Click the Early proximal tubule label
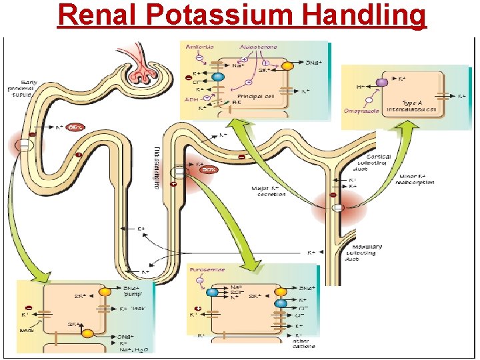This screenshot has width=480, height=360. click(23, 88)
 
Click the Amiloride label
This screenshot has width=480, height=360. click(199, 47)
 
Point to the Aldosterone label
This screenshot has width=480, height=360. click(258, 47)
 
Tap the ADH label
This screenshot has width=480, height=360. click(191, 99)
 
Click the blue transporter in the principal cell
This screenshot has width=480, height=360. click(217, 77)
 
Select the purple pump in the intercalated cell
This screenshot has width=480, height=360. click(381, 83)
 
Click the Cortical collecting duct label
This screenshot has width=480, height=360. click(374, 161)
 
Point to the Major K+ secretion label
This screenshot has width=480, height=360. click(269, 191)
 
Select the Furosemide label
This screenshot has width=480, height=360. click(207, 270)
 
